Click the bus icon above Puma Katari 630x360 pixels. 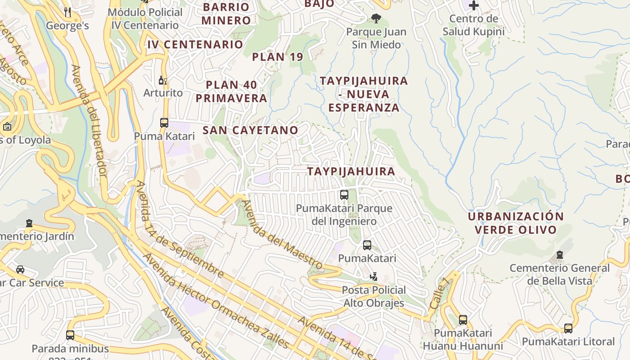164,122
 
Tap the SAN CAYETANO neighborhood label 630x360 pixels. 250,130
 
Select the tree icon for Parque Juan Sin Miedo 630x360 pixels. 376,18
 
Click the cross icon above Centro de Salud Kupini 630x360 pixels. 473,5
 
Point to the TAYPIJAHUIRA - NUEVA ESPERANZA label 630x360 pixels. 364,94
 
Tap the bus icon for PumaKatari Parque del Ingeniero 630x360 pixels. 344,195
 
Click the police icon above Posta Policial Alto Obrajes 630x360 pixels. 373,276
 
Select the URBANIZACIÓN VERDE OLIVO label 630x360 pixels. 515,223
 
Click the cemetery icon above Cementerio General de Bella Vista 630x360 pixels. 559,255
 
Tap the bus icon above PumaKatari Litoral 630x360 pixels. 568,328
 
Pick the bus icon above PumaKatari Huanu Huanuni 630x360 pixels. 463,320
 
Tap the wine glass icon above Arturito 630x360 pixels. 162,81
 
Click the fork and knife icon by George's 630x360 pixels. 67,12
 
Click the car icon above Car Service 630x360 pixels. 20,270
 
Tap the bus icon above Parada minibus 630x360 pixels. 70,335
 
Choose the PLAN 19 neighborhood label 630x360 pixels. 277,57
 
